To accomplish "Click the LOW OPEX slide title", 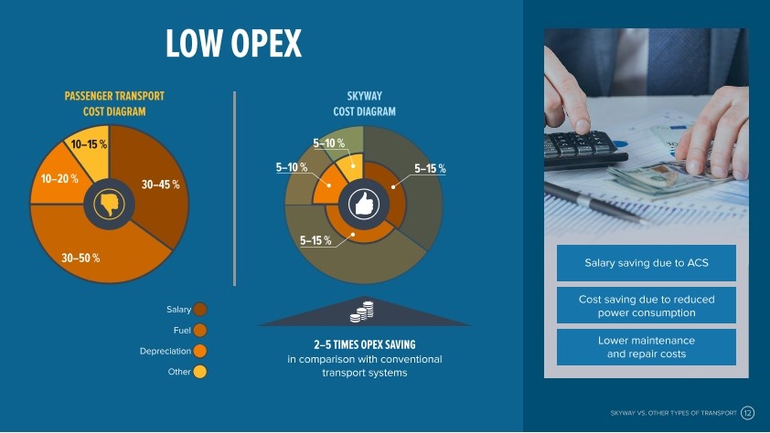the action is point(233,43).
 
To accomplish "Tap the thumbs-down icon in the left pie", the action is point(109,204).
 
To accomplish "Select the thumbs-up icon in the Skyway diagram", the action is point(363,204).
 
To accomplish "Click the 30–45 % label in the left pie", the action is point(161,185).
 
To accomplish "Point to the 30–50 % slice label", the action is point(80,258).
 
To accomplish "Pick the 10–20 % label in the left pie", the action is point(59,178).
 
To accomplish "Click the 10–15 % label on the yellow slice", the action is point(89,144).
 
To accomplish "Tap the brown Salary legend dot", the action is point(200,310).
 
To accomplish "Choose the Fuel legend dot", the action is point(200,330).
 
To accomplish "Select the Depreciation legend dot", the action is point(200,351).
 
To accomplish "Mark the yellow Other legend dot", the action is point(200,372).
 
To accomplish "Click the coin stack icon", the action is point(362,312).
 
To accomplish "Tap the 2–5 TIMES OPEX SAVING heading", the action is point(365,344).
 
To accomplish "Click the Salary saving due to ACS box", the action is point(647,263).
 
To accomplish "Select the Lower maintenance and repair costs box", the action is point(647,347).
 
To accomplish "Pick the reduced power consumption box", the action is point(647,305).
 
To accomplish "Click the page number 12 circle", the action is point(747,413).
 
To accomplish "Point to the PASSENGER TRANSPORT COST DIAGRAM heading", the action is point(114,103).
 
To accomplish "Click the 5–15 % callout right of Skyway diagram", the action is point(430,169).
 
